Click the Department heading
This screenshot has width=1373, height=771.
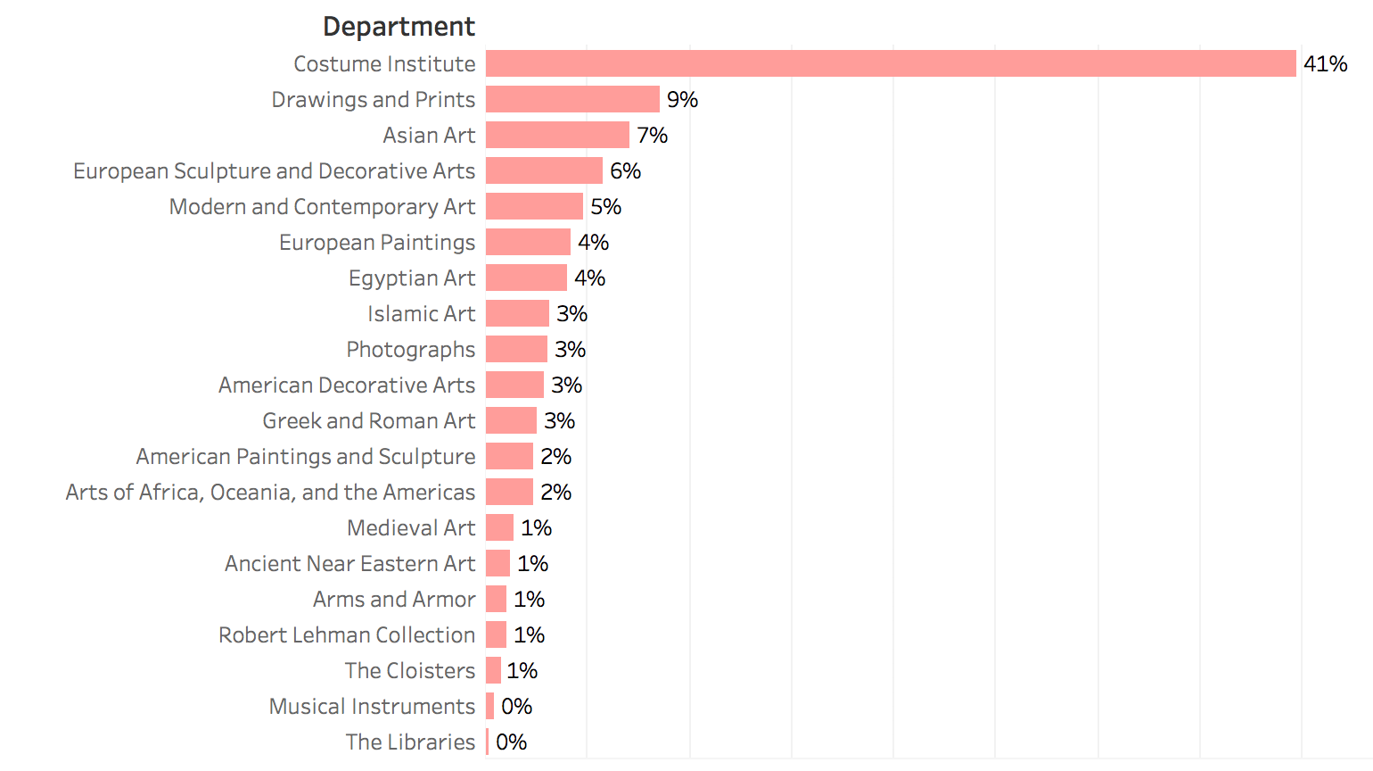pyautogui.click(x=399, y=27)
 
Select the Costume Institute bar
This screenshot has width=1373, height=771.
pyautogui.click(x=890, y=63)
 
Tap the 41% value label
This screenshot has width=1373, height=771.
pyautogui.click(x=1325, y=63)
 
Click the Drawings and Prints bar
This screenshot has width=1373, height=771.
pyautogui.click(x=572, y=99)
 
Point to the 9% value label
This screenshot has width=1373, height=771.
pyautogui.click(x=682, y=99)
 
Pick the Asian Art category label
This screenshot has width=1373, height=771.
pyautogui.click(x=429, y=135)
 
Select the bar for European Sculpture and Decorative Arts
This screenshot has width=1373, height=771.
pyautogui.click(x=544, y=170)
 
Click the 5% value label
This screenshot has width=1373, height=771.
pyautogui.click(x=605, y=206)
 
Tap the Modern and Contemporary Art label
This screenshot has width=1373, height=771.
pyautogui.click(x=322, y=206)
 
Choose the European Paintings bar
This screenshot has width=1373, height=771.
pyautogui.click(x=528, y=242)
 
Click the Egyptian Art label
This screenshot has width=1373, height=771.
pyautogui.click(x=412, y=278)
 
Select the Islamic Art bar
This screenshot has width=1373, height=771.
pyautogui.click(x=517, y=313)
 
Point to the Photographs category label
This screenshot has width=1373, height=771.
pyautogui.click(x=410, y=349)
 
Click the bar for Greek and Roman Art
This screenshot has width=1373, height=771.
pyautogui.click(x=511, y=420)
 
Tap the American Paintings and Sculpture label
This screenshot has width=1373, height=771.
pyautogui.click(x=306, y=456)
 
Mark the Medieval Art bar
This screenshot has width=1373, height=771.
pyautogui.click(x=499, y=527)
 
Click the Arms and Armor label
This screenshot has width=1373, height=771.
pyautogui.click(x=394, y=599)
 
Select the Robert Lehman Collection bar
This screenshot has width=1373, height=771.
pyautogui.click(x=496, y=634)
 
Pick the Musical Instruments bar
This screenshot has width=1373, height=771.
pyautogui.click(x=489, y=706)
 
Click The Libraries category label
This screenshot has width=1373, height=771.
pyautogui.click(x=410, y=742)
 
